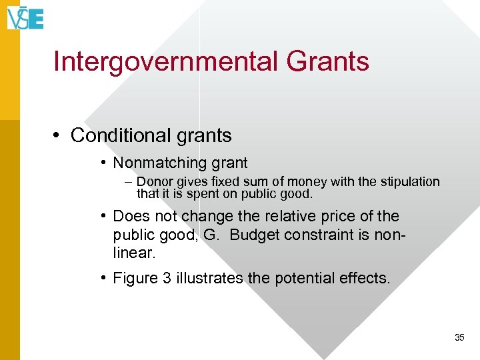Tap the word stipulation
point(407,182)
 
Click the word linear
point(137,254)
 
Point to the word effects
point(365,278)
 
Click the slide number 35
point(459,337)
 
